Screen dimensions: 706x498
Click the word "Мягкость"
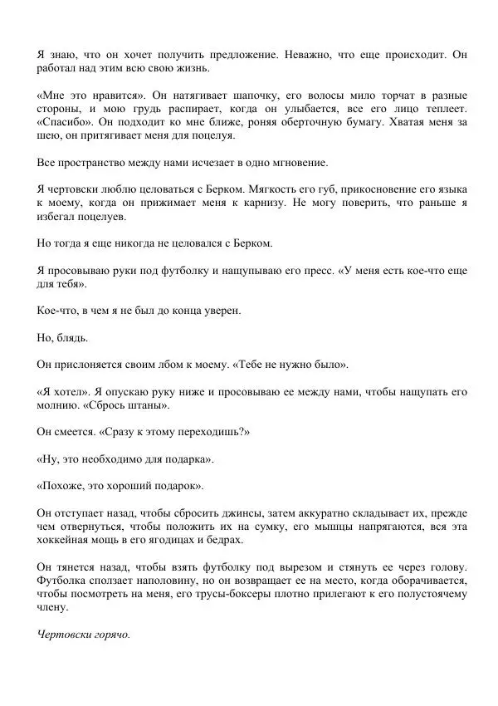(x=251, y=189)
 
